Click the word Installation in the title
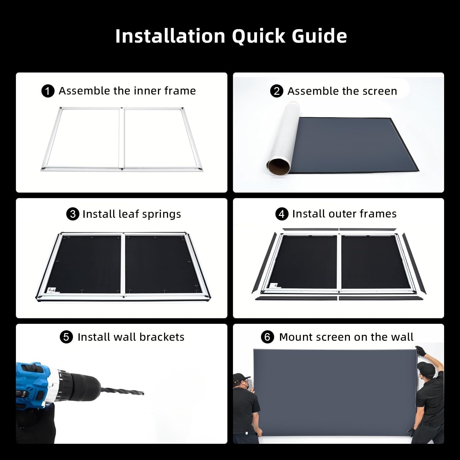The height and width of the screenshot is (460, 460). (170, 36)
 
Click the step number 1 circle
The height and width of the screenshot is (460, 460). (48, 91)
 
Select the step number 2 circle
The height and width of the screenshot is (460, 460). (277, 91)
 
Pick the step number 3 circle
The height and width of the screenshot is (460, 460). (73, 214)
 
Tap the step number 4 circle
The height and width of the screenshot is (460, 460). (282, 214)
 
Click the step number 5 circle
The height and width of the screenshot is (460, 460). (66, 337)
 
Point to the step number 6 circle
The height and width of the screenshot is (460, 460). (267, 337)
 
